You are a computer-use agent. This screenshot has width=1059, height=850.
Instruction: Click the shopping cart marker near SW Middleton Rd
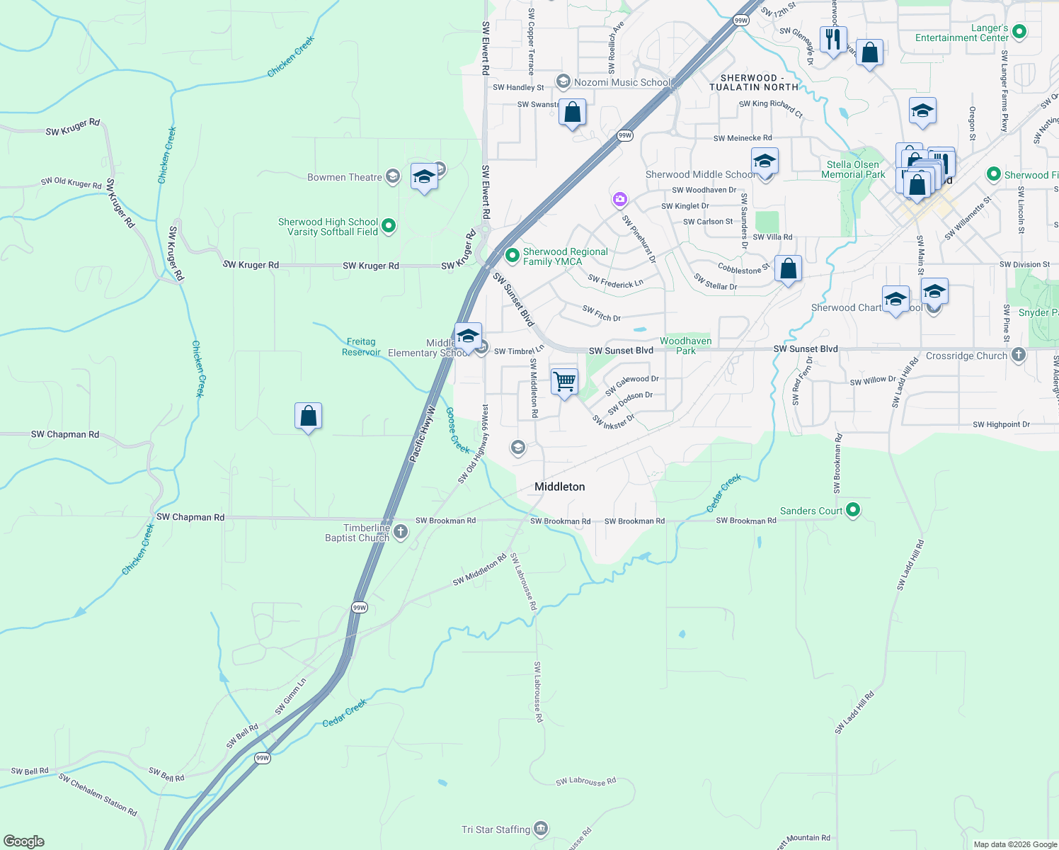point(564,382)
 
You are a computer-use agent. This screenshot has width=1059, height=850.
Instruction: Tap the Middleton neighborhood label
point(559,487)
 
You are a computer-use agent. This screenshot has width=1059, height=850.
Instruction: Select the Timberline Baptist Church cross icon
point(401,532)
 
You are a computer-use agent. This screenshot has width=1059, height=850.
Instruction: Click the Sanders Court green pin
point(853,509)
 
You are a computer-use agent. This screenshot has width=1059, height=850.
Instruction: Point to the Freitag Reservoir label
point(361,347)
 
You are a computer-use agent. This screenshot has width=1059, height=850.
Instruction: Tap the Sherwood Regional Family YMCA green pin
point(512,254)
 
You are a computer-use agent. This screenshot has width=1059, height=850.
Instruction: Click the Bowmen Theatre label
point(345,177)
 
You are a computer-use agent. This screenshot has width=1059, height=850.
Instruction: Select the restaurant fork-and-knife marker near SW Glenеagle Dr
point(833,39)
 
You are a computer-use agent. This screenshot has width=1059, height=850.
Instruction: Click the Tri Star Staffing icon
point(541,828)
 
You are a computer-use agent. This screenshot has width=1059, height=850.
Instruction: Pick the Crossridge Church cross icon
point(1019,355)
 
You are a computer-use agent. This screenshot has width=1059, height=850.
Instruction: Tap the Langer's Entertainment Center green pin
point(1019,31)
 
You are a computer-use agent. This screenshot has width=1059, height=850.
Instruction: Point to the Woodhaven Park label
point(685,346)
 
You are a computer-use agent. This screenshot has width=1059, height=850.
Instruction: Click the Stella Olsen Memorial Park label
point(853,169)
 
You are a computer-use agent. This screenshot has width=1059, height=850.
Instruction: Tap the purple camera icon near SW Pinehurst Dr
point(620,200)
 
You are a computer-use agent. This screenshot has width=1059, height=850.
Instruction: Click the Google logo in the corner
point(23,841)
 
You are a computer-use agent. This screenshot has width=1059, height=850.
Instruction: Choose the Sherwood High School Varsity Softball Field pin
point(388,226)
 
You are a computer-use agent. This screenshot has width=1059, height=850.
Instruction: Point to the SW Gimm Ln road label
point(290,696)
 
